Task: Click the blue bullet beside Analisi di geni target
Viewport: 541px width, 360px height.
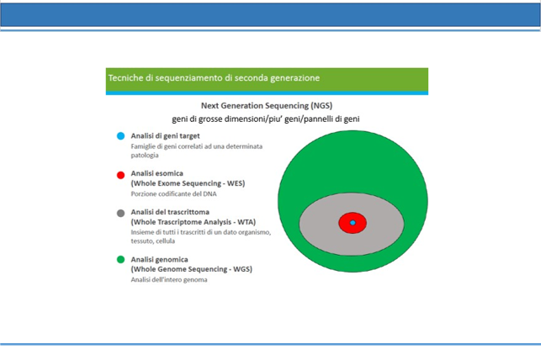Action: tap(121, 136)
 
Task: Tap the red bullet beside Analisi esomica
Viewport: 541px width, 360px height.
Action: tap(121, 175)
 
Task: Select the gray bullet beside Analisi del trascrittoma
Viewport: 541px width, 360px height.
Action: tap(121, 213)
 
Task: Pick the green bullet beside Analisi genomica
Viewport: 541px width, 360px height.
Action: tap(121, 259)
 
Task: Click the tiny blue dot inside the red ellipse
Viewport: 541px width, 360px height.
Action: tap(353, 223)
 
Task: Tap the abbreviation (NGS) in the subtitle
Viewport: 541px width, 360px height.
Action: tap(321, 105)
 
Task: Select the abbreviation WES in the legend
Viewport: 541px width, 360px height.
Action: tap(235, 183)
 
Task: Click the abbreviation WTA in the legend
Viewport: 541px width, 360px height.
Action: tap(246, 222)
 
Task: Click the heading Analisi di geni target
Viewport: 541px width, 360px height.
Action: tap(165, 136)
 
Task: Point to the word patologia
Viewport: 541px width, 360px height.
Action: tap(145, 155)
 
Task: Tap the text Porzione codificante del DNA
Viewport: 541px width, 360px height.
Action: tap(174, 193)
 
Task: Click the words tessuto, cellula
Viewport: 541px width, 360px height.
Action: tap(153, 241)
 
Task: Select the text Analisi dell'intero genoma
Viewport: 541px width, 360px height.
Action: tap(169, 279)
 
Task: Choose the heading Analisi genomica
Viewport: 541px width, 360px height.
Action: tap(159, 259)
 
